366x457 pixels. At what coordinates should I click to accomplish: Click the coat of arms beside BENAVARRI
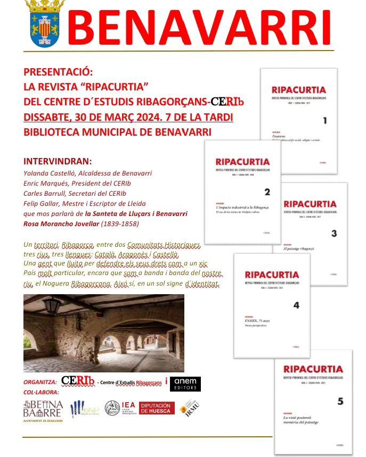(x=45, y=24)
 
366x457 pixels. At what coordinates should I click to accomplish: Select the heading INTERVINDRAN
(x=58, y=161)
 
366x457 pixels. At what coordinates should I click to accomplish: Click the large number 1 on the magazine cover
(x=324, y=121)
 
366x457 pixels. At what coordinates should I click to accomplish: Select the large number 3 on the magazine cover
(x=334, y=233)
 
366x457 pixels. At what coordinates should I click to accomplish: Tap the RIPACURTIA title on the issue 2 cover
(x=242, y=162)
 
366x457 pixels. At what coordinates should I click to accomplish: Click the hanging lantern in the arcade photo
(x=53, y=305)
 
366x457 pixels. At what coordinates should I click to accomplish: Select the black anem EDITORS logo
(x=185, y=383)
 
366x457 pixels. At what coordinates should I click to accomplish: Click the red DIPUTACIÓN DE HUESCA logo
(x=157, y=408)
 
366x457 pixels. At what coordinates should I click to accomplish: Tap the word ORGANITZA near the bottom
(x=40, y=382)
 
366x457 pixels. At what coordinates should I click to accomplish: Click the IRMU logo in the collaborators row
(x=190, y=409)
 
